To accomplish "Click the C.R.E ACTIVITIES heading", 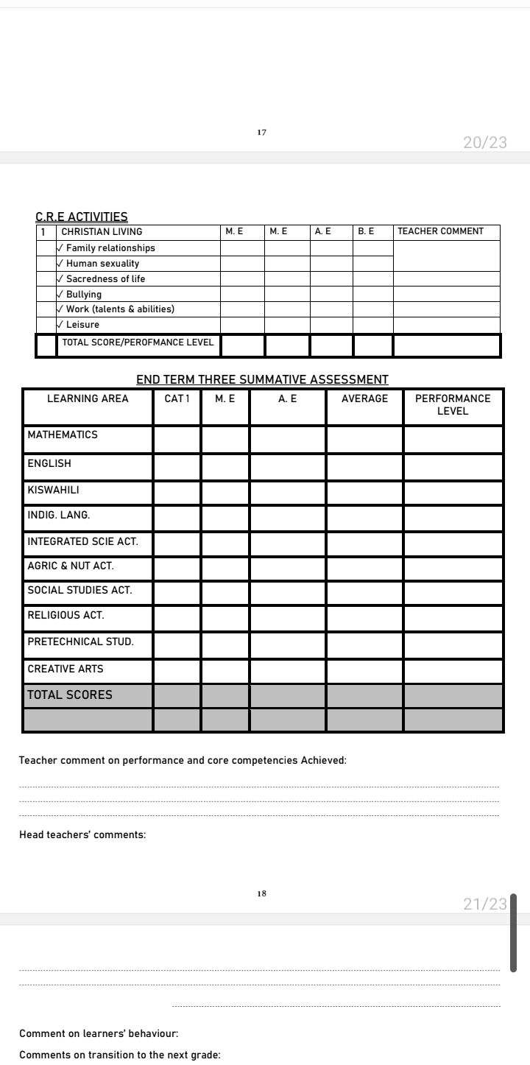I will point(82,217).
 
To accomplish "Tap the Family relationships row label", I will point(110,248).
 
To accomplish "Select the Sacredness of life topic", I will point(107,279).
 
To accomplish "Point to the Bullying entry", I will point(83,295).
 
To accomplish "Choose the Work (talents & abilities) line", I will point(119,309).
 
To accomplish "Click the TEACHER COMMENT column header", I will point(440,231).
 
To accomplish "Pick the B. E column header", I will point(366,231).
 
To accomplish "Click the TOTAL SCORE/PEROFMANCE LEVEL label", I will point(138,342).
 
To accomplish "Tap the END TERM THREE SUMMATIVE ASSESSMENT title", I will point(262,380).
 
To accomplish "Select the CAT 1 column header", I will point(177,398).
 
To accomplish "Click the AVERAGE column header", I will point(364,398).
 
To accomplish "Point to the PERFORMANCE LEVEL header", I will point(453,404).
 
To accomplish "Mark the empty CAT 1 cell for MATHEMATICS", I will point(177,439).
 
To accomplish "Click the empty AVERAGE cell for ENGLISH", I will point(364,467).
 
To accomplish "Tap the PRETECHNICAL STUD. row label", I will point(80,642).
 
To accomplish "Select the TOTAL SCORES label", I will point(70,695).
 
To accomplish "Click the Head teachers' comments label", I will point(82,835).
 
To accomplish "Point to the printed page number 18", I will point(262,893).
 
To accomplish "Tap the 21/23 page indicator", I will point(485,904).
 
